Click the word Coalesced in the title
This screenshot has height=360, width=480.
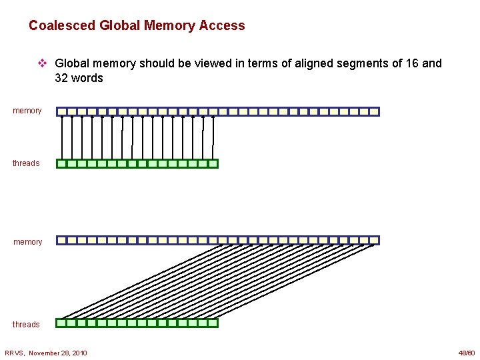pyautogui.click(x=62, y=26)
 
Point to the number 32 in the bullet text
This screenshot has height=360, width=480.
pyautogui.click(x=63, y=78)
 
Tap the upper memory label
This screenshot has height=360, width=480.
pyautogui.click(x=27, y=111)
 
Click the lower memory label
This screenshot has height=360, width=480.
pyautogui.click(x=27, y=242)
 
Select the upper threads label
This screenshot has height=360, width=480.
pyautogui.click(x=26, y=163)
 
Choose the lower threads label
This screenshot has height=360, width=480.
pyautogui.click(x=26, y=325)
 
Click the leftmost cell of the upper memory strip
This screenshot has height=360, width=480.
pyautogui.click(x=62, y=112)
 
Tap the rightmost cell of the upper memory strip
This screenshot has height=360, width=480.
pyautogui.click(x=374, y=112)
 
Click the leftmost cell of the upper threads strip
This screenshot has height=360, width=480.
pyautogui.click(x=62, y=163)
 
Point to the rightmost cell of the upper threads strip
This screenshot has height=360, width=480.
pyautogui.click(x=213, y=163)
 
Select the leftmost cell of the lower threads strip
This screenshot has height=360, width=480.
pyautogui.click(x=62, y=323)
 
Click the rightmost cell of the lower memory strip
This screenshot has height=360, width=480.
pyautogui.click(x=374, y=240)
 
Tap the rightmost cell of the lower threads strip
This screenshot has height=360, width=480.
pyautogui.click(x=213, y=323)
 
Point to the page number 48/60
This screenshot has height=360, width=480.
pyautogui.click(x=466, y=353)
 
